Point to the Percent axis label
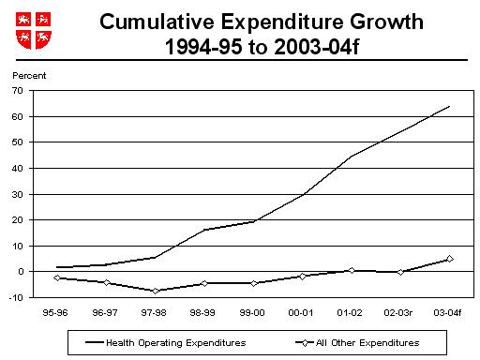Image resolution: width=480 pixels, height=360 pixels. (x=27, y=74)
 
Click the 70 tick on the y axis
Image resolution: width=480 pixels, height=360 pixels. (x=18, y=91)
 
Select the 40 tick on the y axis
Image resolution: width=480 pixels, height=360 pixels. (x=18, y=168)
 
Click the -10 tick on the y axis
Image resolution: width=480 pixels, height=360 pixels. (x=17, y=297)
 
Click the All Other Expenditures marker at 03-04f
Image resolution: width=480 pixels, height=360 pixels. (x=449, y=259)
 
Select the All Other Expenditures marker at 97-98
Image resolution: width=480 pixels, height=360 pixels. (x=156, y=291)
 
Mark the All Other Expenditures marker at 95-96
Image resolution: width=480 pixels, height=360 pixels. (x=58, y=277)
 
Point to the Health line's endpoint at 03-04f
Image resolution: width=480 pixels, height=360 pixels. (x=449, y=107)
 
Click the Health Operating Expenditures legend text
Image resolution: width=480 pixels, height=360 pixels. (x=175, y=343)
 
